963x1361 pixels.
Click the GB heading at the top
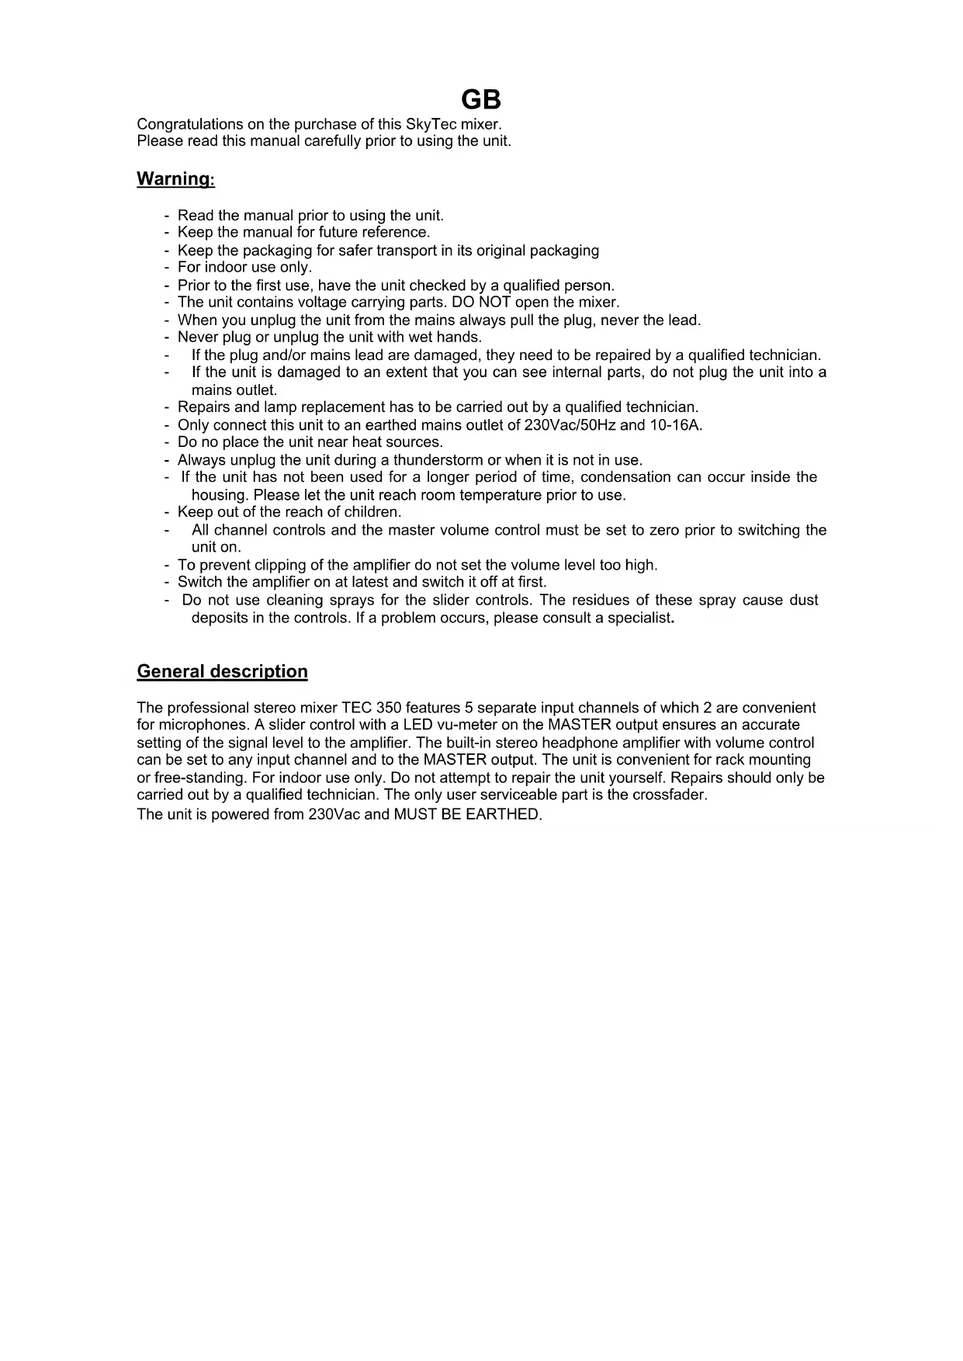click(x=481, y=100)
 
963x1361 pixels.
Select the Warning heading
click(x=175, y=179)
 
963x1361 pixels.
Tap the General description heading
click(x=222, y=671)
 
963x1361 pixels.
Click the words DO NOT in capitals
click(x=486, y=302)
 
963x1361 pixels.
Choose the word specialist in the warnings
click(x=639, y=618)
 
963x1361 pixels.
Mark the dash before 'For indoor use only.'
click(x=167, y=268)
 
